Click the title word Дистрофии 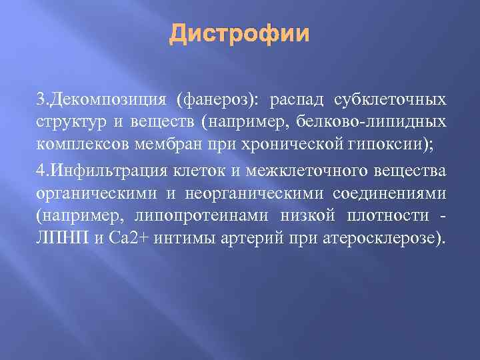point(239,33)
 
